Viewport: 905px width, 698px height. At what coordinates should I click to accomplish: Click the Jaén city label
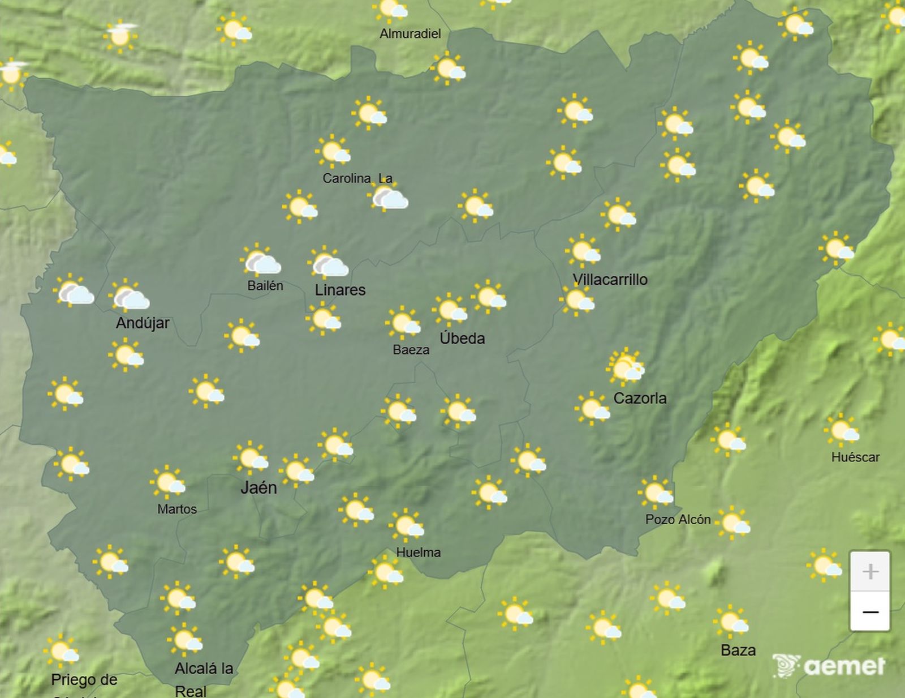coord(258,487)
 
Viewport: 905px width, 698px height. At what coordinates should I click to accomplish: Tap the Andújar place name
coord(143,323)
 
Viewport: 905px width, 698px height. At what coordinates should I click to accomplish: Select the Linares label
coord(340,290)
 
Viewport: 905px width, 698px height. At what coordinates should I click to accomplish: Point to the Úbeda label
coord(462,339)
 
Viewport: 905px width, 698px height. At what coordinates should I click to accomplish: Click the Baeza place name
coord(411,350)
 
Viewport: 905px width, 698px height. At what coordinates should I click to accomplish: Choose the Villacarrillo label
coord(610,280)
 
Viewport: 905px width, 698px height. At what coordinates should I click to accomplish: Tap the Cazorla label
coord(640,399)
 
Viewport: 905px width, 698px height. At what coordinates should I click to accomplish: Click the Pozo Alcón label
coord(678,520)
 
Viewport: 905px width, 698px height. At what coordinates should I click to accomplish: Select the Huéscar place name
coord(855,457)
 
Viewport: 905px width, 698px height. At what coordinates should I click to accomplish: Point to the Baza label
coord(738,650)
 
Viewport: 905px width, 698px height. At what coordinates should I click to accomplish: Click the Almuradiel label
coord(410,34)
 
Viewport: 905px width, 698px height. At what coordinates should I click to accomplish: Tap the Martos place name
coord(177,509)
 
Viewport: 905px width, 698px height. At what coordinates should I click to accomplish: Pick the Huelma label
coord(418,553)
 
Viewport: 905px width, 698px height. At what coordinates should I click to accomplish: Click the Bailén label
coord(265,286)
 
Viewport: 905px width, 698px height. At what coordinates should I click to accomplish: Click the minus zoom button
coord(870,611)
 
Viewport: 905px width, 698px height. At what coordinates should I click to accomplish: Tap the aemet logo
coord(829,666)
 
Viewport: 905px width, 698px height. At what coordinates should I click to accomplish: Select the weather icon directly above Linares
coord(329,263)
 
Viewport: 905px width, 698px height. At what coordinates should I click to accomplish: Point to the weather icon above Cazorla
coord(626,366)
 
